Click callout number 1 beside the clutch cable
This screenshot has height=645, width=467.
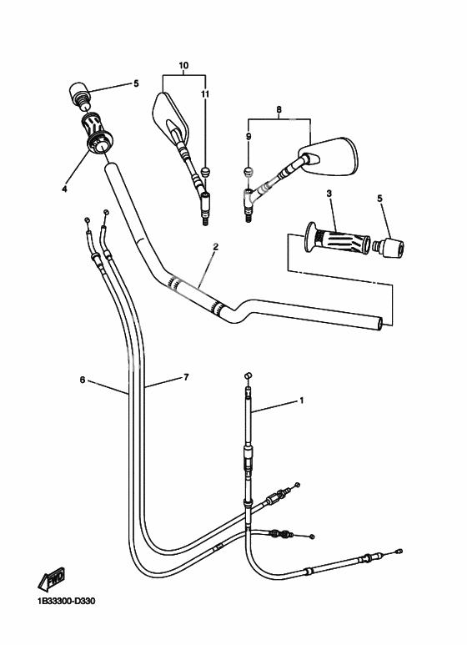[x=301, y=401]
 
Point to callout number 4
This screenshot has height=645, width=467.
[x=63, y=189]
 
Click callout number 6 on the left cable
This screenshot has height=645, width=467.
[x=83, y=380]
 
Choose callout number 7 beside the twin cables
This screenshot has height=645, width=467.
[x=186, y=377]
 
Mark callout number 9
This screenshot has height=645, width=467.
[x=248, y=135]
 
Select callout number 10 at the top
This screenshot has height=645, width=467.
[x=183, y=64]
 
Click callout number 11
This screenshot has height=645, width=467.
[x=205, y=96]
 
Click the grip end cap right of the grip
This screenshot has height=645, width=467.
[x=389, y=248]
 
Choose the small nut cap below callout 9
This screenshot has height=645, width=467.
[x=248, y=172]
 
